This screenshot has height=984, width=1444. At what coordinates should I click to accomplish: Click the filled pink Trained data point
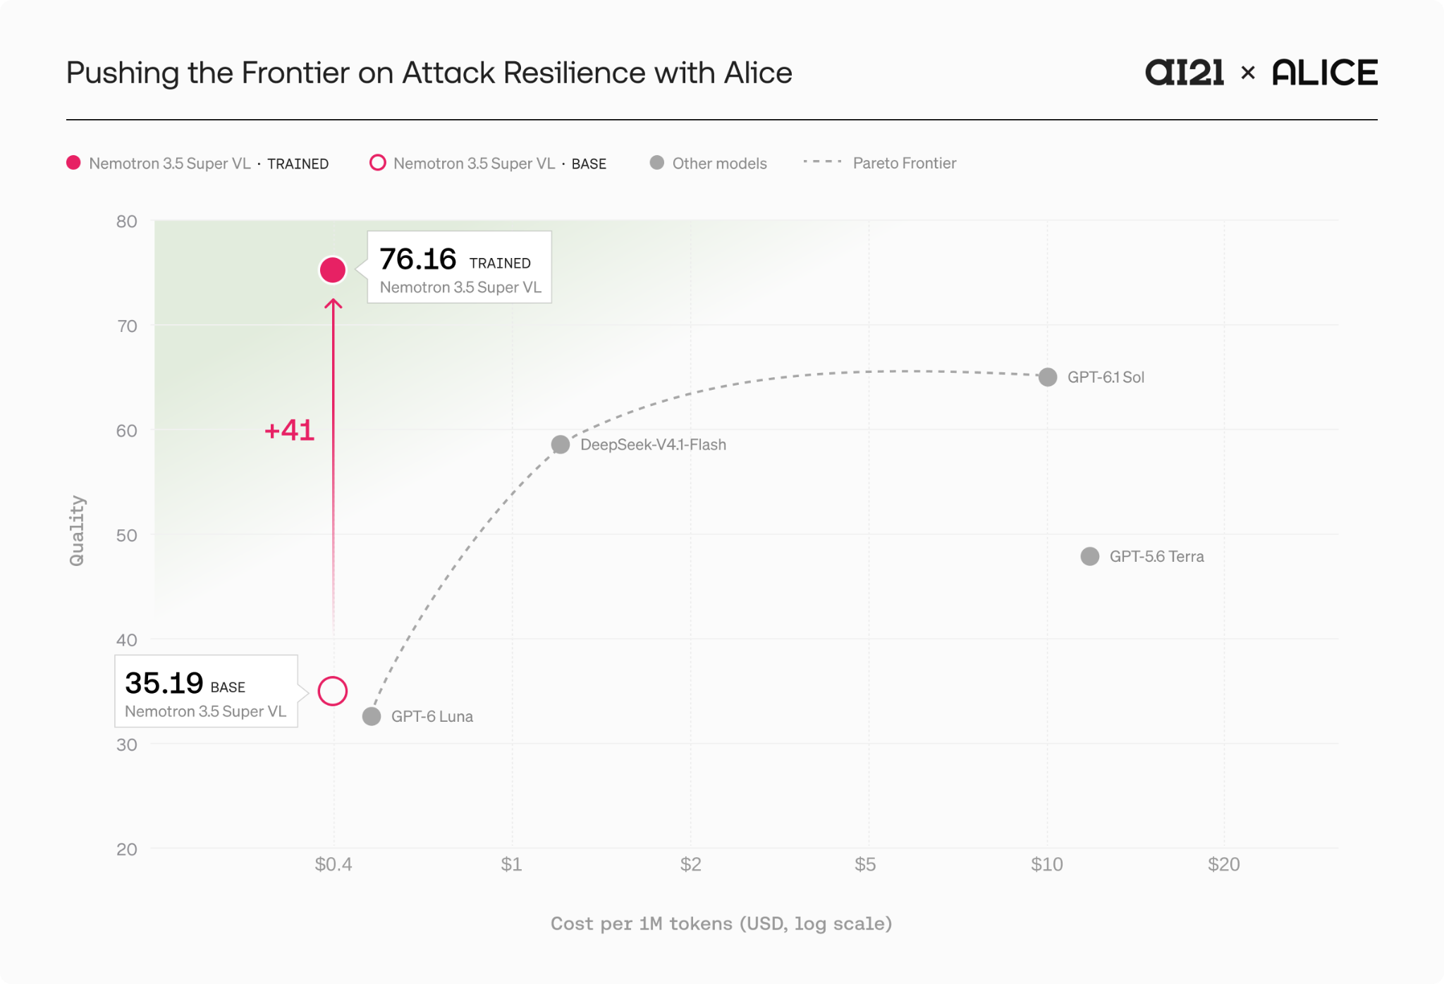click(x=333, y=270)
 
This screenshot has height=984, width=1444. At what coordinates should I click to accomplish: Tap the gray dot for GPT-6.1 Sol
click(x=1048, y=377)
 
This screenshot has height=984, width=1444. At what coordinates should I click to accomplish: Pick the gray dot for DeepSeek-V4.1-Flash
click(x=561, y=445)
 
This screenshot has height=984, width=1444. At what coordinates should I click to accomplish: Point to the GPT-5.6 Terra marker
click(x=1090, y=557)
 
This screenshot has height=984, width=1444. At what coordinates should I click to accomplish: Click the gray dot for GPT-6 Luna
click(x=372, y=717)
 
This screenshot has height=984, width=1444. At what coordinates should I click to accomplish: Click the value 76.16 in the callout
click(x=418, y=259)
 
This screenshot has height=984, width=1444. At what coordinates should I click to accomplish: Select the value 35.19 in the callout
click(x=164, y=683)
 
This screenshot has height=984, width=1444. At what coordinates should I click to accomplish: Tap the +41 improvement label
click(x=289, y=430)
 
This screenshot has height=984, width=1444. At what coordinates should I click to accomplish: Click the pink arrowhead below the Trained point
click(x=333, y=304)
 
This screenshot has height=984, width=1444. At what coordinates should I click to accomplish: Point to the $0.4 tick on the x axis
click(x=334, y=864)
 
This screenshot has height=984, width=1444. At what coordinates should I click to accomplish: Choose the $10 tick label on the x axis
click(x=1047, y=864)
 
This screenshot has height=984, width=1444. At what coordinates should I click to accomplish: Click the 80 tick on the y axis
click(x=127, y=221)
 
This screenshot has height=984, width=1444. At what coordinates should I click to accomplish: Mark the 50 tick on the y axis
click(x=127, y=535)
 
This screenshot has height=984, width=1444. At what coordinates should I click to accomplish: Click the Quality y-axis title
click(x=77, y=531)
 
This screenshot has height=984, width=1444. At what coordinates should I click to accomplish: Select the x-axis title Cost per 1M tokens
click(x=721, y=923)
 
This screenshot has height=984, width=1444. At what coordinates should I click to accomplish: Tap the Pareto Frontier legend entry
click(x=880, y=163)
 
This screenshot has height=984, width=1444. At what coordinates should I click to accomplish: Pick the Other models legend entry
click(x=709, y=163)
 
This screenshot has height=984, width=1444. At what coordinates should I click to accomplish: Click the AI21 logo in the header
click(x=1185, y=73)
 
